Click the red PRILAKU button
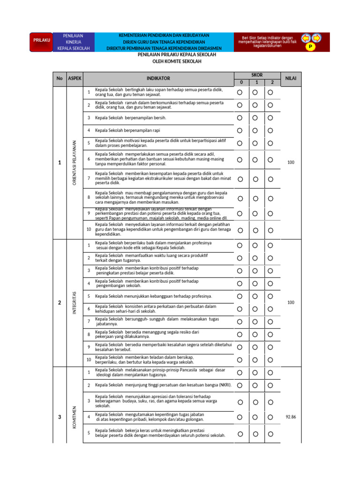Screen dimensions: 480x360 (x=42, y=40)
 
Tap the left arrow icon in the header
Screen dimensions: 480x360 (x=306, y=37)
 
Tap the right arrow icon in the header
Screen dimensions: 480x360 (x=316, y=37)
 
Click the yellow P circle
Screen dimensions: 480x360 (x=311, y=47)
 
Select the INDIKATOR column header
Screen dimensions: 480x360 (x=158, y=78)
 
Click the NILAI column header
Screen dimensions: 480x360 (x=291, y=78)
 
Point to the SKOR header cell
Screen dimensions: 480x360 (x=257, y=75)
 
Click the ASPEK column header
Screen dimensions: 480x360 (x=75, y=78)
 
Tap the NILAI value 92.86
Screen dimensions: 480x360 (x=291, y=417)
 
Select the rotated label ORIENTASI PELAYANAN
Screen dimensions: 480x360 (x=75, y=163)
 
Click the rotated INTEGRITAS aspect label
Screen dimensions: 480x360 (x=75, y=303)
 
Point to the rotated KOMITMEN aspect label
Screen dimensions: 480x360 (x=75, y=416)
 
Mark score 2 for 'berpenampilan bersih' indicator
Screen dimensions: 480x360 (x=270, y=118)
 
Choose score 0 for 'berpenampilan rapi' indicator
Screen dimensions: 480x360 (x=240, y=130)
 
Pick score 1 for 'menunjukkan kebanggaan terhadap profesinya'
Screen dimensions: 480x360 (x=255, y=296)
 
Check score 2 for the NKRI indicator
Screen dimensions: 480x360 (x=270, y=385)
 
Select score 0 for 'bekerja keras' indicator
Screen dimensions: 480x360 (x=240, y=434)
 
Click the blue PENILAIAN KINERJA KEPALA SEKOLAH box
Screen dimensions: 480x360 (x=73, y=42)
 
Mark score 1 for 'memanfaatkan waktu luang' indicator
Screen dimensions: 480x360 (x=255, y=258)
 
